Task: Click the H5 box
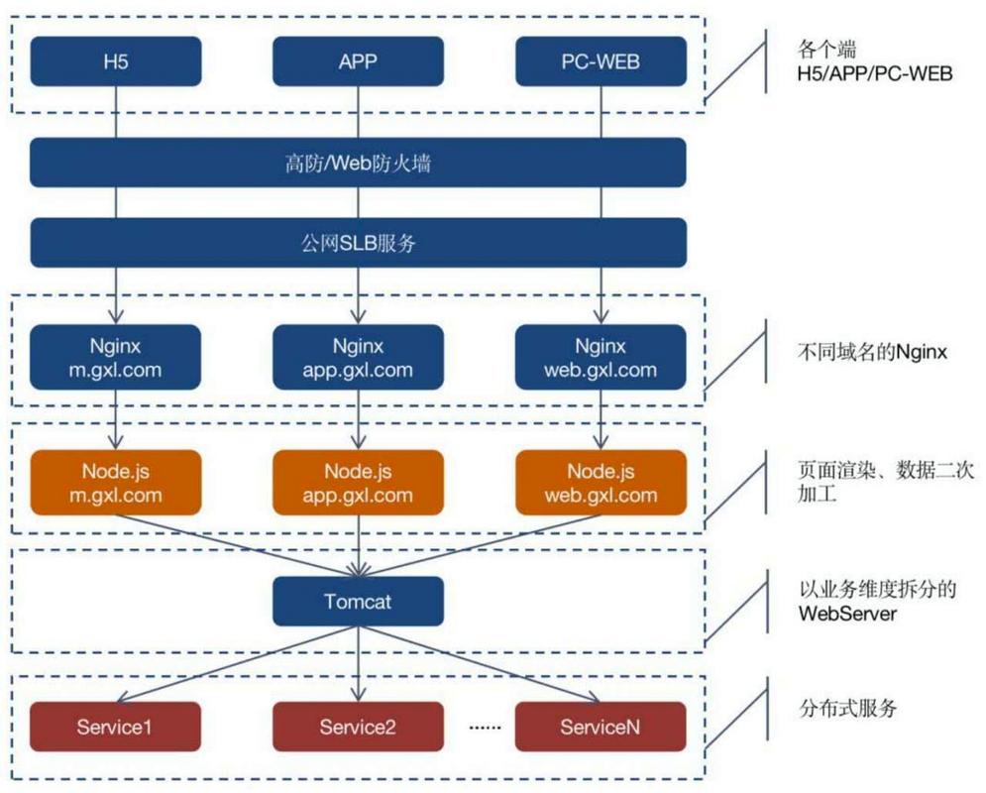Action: coord(116,61)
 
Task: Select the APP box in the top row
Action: coord(358,61)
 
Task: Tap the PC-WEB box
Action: coord(601,61)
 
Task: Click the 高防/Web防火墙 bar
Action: coord(358,163)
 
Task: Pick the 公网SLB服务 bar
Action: coord(358,243)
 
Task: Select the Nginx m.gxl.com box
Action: coord(116,358)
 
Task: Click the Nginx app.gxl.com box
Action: coord(358,358)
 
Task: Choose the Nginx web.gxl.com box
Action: coord(601,358)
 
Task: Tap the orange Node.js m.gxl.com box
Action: coord(116,483)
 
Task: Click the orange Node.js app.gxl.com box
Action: coord(358,483)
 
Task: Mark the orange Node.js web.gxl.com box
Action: coord(601,483)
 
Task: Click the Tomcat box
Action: coord(358,602)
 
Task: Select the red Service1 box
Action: coord(116,727)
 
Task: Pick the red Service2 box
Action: coord(358,727)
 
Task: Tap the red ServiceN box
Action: coord(601,727)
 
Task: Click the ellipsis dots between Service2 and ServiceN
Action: coord(486,728)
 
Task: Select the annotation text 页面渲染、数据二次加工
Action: coord(872,479)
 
